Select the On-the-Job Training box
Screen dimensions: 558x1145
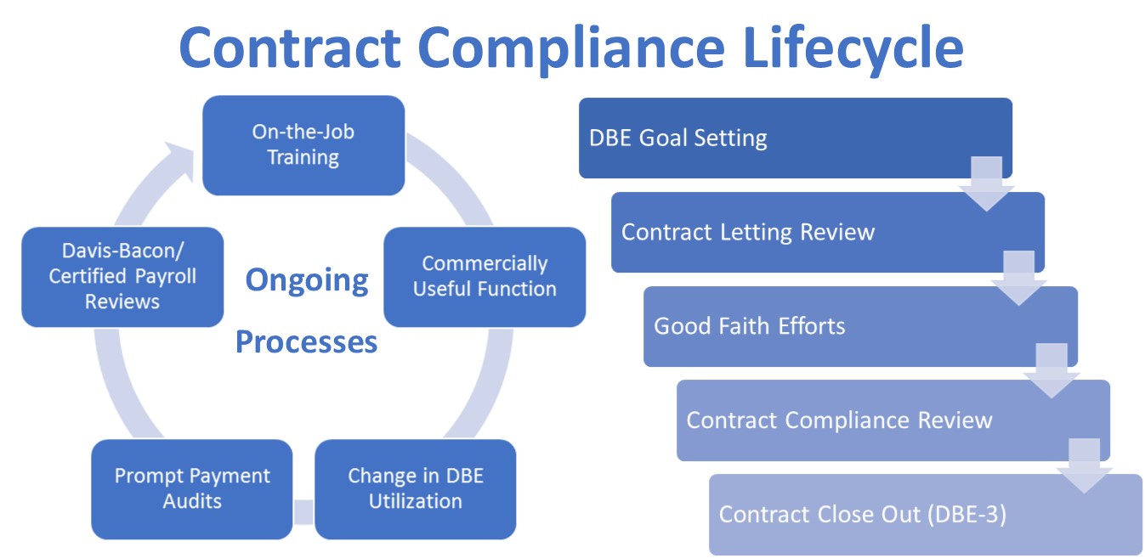(303, 145)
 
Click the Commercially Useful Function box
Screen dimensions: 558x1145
(485, 277)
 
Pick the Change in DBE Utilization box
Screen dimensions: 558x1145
(415, 488)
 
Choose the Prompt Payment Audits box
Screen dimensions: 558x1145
(192, 488)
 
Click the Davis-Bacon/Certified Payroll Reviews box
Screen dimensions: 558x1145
(122, 277)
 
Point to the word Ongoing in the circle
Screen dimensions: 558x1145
(307, 280)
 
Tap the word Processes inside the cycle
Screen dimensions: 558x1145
(306, 341)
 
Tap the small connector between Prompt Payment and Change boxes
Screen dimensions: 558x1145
(303, 512)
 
